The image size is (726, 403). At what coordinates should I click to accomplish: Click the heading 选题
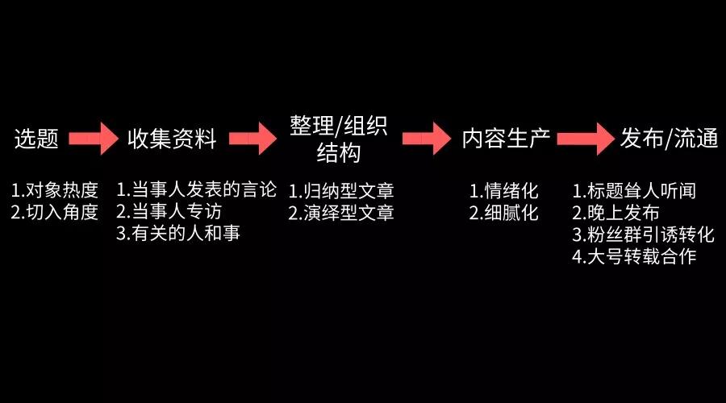point(37,139)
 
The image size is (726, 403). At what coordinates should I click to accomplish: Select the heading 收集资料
point(172,139)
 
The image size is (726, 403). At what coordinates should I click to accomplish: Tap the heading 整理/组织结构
point(339,138)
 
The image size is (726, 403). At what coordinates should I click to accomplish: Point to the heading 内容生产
point(507,139)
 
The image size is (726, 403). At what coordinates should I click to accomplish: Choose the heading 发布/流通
point(670,139)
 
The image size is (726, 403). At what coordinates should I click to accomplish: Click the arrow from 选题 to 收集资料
point(94,139)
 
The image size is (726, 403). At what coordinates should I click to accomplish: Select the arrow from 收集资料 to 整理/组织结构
point(252,139)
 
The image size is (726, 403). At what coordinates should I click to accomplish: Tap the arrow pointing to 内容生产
point(425,139)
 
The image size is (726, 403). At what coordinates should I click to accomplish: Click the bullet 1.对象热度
point(54,191)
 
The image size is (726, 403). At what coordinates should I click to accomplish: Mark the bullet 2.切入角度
point(54,213)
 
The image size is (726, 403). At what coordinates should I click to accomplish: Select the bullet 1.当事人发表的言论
point(196,190)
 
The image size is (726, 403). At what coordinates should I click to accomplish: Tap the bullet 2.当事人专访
point(169,212)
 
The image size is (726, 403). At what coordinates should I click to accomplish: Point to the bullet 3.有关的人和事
point(178,234)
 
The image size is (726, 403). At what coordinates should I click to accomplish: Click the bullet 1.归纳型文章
point(341,192)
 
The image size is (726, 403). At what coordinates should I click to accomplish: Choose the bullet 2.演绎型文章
point(341,214)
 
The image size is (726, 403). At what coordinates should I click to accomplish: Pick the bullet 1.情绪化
point(504,192)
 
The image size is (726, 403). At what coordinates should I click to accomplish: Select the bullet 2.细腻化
point(504,214)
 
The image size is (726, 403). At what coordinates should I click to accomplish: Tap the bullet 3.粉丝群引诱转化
point(643,235)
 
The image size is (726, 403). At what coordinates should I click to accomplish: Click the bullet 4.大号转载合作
point(634,257)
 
